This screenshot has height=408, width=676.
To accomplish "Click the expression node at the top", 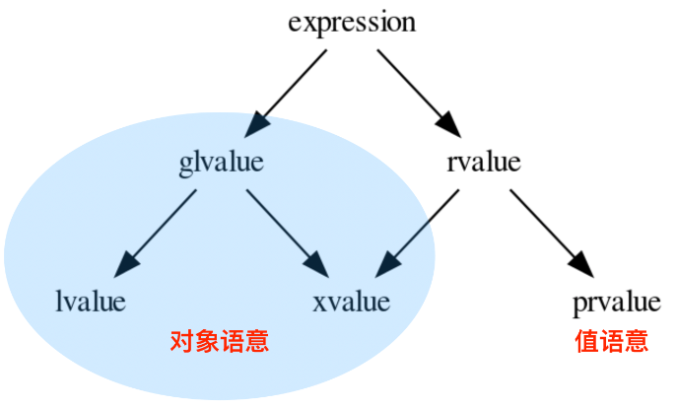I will (352, 23).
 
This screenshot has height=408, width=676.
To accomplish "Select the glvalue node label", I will (222, 163).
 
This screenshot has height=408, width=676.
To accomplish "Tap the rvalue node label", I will (483, 163).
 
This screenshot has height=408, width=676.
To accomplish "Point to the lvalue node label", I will (91, 302).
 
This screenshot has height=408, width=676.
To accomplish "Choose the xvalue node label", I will (352, 302).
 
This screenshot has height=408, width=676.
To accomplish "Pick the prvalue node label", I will (616, 302).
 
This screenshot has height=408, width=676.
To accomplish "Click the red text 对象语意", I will (220, 342).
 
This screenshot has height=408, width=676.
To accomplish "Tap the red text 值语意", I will (612, 342).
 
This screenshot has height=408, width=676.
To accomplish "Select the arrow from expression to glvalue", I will (291, 89).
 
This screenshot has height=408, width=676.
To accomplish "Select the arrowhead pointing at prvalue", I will (583, 263).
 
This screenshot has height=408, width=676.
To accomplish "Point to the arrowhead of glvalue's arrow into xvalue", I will (317, 263).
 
